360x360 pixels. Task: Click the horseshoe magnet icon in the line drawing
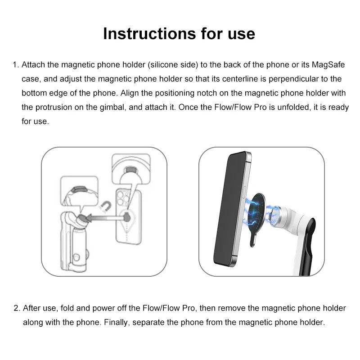[106, 207]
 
